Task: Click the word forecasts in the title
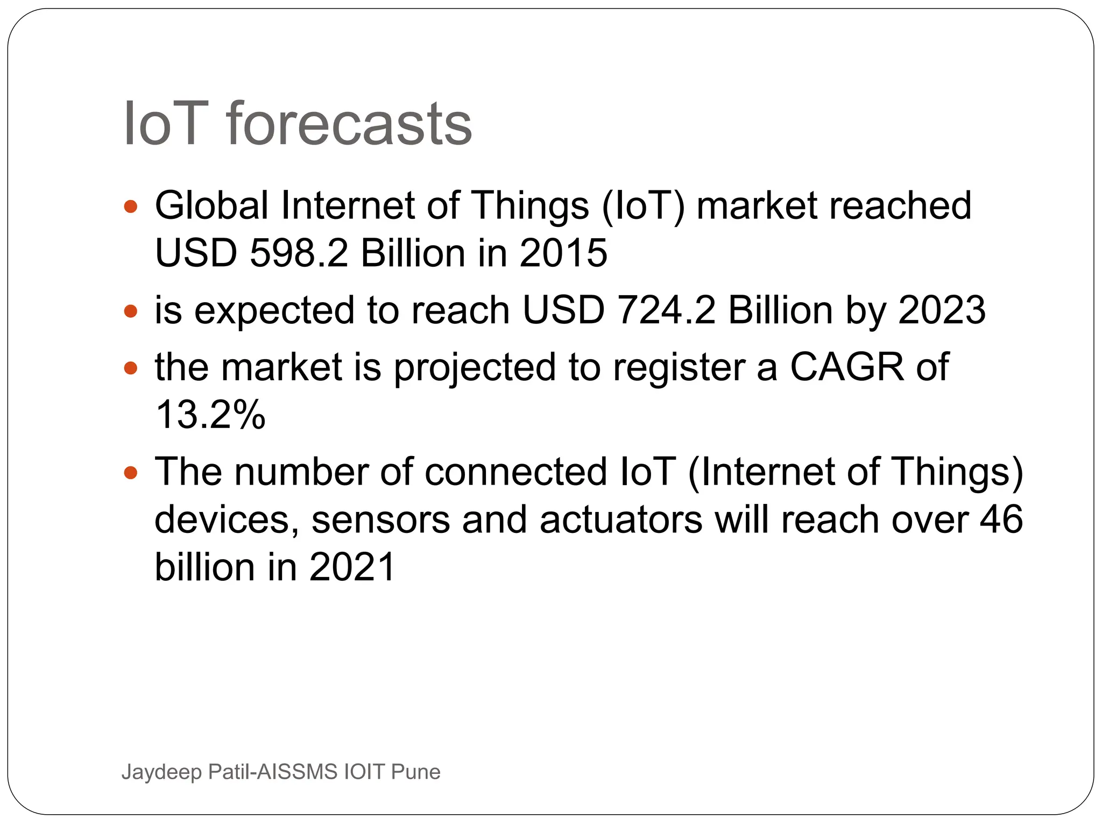coord(349,125)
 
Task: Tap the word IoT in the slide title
coord(166,125)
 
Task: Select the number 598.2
coord(299,253)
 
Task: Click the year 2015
coord(563,253)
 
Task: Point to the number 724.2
coord(666,310)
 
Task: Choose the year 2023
coord(942,310)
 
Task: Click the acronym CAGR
coord(847,367)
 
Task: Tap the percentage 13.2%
coord(210,415)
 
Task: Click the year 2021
coord(352,567)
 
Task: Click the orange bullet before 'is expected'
coord(131,311)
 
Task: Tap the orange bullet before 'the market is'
coord(131,368)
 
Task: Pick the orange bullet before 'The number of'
coord(131,473)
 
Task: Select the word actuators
coord(620,521)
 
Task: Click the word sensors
coord(380,521)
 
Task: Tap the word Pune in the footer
coord(415,772)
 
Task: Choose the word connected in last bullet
coord(515,472)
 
